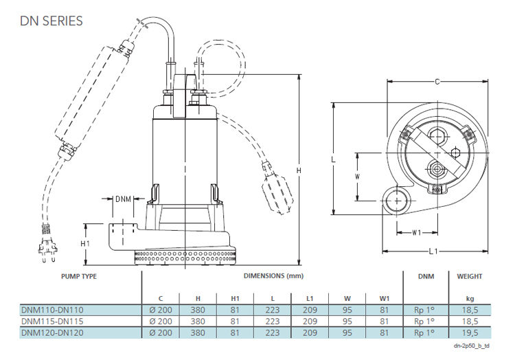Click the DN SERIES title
[51, 21]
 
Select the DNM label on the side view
[123, 199]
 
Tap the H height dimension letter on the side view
[297, 170]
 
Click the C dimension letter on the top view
[437, 82]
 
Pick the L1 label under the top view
[433, 251]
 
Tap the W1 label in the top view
[417, 232]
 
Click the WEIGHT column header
[470, 276]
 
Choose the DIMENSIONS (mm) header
[273, 276]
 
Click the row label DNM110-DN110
[54, 311]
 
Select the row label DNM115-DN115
[54, 321]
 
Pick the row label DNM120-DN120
[54, 332]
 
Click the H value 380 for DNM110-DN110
[198, 311]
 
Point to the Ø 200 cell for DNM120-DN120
[161, 332]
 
